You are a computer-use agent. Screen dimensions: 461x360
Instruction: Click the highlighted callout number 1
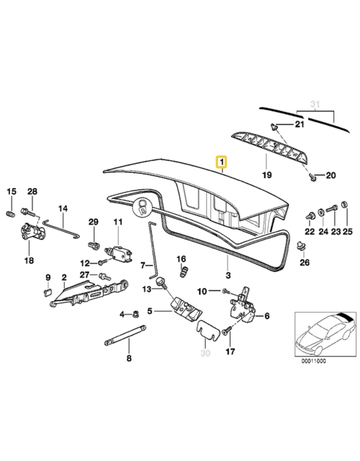tap(222, 161)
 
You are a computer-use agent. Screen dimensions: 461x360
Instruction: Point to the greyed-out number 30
tap(205, 353)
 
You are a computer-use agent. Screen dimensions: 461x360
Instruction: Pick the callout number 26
tap(305, 262)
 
